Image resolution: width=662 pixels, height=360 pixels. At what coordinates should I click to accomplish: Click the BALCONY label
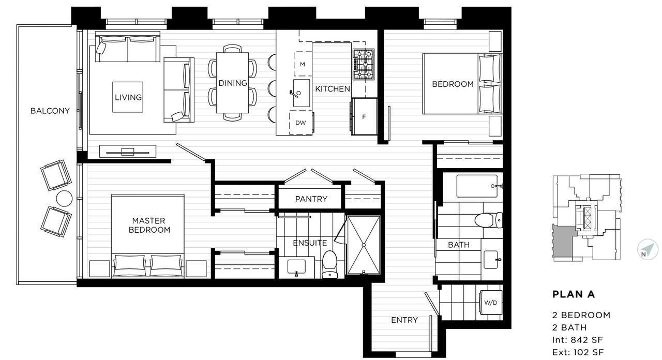[50, 111]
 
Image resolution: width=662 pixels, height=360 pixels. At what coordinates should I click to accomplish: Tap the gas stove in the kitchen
[364, 65]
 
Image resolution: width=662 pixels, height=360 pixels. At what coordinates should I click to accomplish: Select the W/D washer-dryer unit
[491, 303]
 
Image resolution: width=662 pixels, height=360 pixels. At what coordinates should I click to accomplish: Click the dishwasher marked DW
[301, 123]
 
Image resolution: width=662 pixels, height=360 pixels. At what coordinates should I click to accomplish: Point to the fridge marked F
[364, 117]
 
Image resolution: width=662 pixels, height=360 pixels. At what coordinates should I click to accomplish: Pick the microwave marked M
[303, 64]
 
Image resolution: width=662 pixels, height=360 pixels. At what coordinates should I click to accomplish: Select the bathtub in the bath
[477, 186]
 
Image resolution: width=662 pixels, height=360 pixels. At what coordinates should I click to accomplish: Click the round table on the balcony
[65, 199]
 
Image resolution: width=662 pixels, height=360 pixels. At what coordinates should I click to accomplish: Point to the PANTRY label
[311, 199]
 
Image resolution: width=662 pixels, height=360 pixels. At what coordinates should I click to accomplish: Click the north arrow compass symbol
[648, 249]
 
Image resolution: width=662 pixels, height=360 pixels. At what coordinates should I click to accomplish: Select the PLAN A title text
[574, 294]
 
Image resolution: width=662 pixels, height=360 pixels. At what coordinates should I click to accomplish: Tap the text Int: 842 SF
[578, 340]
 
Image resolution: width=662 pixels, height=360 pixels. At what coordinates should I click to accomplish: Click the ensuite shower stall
[364, 245]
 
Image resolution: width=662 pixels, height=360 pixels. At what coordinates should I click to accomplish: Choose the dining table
[232, 83]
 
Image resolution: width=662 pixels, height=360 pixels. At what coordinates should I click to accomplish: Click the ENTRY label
[404, 320]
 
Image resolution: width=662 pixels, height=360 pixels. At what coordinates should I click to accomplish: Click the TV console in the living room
[128, 152]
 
